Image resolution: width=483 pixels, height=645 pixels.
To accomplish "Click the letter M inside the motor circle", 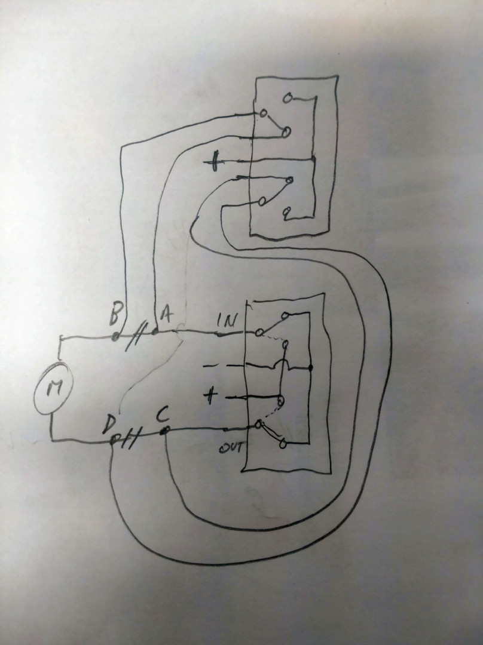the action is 54,387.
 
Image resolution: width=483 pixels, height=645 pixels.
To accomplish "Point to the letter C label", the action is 162,417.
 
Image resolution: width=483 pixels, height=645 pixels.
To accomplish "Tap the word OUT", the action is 230,447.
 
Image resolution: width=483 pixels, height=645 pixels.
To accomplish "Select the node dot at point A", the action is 155,331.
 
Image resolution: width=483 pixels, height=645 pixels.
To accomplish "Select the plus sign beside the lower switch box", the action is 210,397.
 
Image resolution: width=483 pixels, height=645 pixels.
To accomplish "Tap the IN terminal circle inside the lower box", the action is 259,333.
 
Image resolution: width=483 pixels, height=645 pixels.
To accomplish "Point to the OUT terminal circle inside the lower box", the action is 259,424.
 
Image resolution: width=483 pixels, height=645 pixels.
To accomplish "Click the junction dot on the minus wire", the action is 310,367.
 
